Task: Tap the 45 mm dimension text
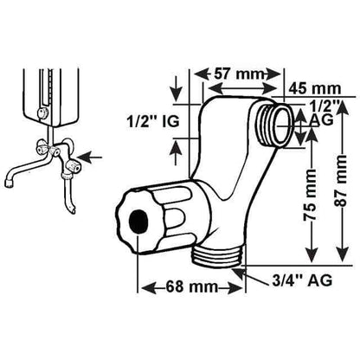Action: pyautogui.click(x=315, y=88)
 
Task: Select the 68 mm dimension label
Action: pyautogui.click(x=191, y=286)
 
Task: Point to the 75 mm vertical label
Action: pyautogui.click(x=311, y=196)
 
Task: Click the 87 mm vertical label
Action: pyautogui.click(x=342, y=181)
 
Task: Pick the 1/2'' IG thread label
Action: pyautogui.click(x=153, y=121)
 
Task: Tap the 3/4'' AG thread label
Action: pyautogui.click(x=302, y=280)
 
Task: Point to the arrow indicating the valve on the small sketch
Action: pyautogui.click(x=90, y=157)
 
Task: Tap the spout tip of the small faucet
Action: pyautogui.click(x=9, y=183)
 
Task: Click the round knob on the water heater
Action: pyautogui.click(x=43, y=113)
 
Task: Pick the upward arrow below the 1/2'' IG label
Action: pyautogui.click(x=177, y=154)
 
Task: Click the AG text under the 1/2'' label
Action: pyautogui.click(x=321, y=119)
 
